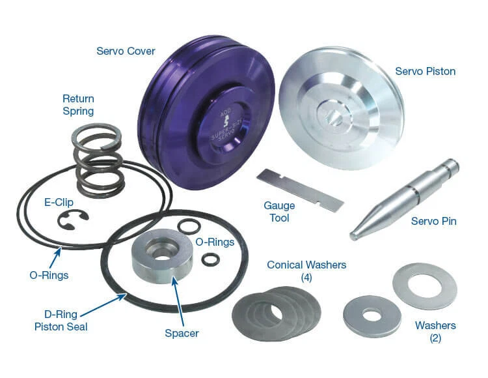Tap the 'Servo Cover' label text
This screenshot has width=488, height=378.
pos(125,51)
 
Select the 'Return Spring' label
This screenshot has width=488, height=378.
pos(78,105)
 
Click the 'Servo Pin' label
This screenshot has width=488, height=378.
pos(433,222)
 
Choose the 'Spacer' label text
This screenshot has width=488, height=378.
pos(182,333)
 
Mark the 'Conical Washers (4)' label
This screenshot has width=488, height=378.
pos(306,271)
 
